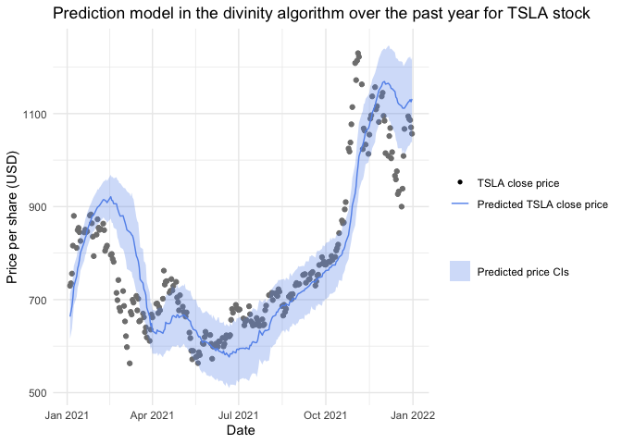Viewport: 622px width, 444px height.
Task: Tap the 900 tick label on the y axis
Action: coord(44,207)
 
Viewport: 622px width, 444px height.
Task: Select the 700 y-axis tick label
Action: coord(44,301)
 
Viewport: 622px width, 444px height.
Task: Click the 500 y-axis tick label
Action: coord(44,393)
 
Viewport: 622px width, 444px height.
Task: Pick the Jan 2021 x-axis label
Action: coord(67,415)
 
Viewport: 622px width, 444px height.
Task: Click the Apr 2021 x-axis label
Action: coord(153,415)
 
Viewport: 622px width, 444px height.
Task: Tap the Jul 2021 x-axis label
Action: coord(240,415)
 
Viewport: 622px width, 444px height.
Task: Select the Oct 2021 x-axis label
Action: coord(327,415)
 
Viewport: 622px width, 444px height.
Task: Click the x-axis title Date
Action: coord(241,430)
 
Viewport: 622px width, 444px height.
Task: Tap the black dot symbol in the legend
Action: coord(460,183)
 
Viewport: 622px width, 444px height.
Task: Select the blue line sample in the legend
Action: coord(460,204)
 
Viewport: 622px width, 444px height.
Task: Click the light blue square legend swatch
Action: coord(460,271)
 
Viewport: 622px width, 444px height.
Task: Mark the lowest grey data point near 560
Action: coord(130,364)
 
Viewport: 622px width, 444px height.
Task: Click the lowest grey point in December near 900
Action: coord(401,206)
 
